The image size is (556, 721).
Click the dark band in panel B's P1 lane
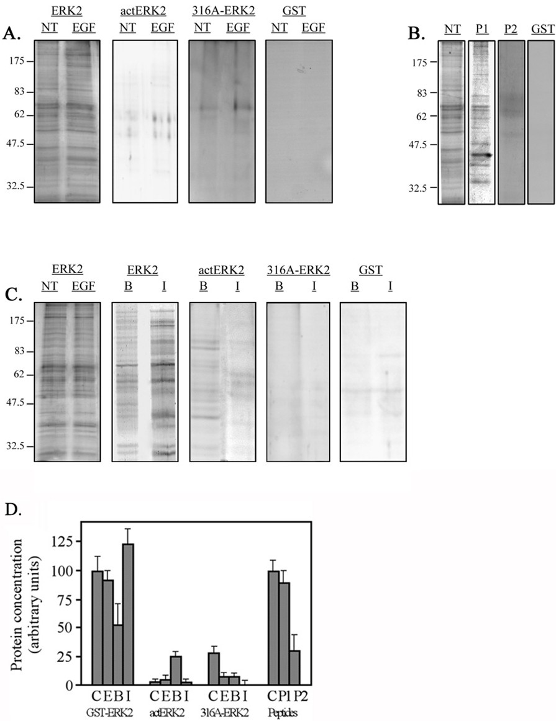pyautogui.click(x=481, y=155)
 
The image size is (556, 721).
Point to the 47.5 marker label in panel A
pyautogui.click(x=17, y=144)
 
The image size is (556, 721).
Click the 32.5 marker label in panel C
pyautogui.click(x=17, y=446)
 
